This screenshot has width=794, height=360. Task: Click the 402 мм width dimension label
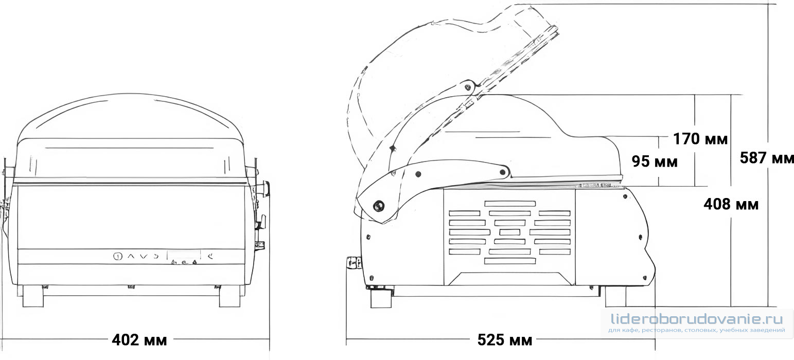(x=139, y=340)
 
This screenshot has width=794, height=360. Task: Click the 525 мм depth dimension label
(x=505, y=340)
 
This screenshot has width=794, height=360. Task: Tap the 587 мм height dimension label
(x=767, y=158)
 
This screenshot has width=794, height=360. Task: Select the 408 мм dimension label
(x=731, y=205)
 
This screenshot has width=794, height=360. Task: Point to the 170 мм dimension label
(x=700, y=139)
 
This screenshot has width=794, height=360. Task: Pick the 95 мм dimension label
(x=655, y=161)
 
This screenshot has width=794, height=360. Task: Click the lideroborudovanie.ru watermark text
(x=697, y=319)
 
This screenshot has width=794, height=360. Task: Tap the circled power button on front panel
(x=118, y=256)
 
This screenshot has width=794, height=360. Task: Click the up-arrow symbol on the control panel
(x=131, y=256)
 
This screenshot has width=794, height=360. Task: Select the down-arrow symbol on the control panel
(x=143, y=256)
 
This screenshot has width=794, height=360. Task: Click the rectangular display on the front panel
(x=184, y=255)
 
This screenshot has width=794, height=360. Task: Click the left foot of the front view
(x=33, y=296)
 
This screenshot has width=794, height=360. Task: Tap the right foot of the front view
(x=230, y=296)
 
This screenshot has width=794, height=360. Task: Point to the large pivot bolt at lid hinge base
(x=379, y=206)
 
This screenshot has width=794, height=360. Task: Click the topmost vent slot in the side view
(x=510, y=204)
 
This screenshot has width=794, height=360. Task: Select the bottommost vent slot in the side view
(x=510, y=261)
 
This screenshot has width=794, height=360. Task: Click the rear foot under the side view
(x=381, y=298)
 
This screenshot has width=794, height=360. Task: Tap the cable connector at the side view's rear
(x=354, y=263)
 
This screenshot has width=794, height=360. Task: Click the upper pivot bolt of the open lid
(x=468, y=86)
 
